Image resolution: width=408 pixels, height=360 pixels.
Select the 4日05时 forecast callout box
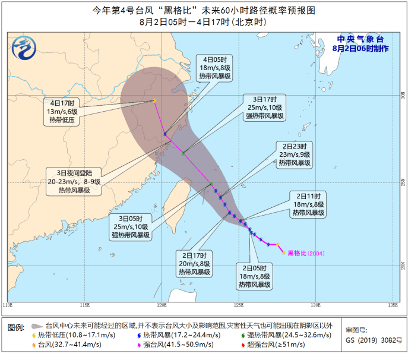pyautogui.click(x=211, y=70)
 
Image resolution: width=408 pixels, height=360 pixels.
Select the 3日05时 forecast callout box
pyautogui.click(x=130, y=227)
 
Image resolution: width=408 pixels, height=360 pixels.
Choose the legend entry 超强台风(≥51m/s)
pyautogui.click(x=254, y=344)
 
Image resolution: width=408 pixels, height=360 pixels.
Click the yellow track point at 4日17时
pyautogui.click(x=154, y=101)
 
